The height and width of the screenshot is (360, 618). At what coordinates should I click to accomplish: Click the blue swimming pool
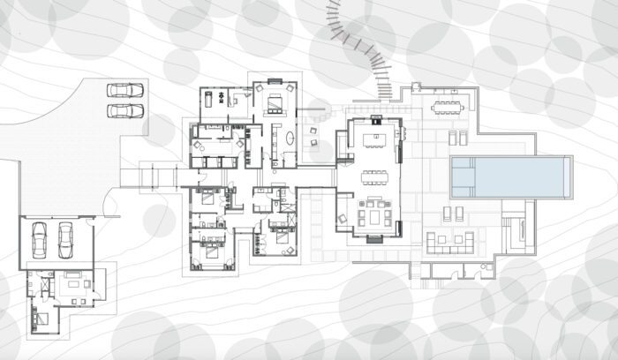[505, 177]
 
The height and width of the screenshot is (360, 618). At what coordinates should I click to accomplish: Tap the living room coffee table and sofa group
[374, 214]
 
